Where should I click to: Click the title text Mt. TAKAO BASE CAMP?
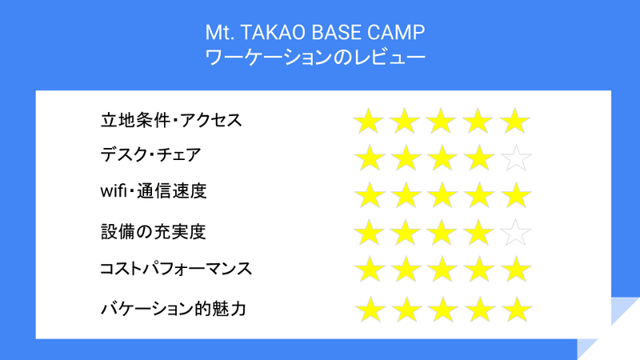click(x=314, y=33)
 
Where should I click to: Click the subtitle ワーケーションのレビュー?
click(x=314, y=57)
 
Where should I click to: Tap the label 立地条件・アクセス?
click(x=171, y=121)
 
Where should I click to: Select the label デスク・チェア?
click(x=150, y=154)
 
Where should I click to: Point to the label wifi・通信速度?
click(x=154, y=190)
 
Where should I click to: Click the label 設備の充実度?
click(x=153, y=231)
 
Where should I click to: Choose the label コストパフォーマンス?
click(x=176, y=269)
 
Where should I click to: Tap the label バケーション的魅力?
click(x=174, y=309)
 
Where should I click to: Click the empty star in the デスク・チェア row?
click(x=516, y=158)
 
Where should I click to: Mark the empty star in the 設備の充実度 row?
click(x=516, y=233)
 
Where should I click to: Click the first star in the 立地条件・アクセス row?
click(x=368, y=122)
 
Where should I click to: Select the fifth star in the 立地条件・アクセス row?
click(x=515, y=122)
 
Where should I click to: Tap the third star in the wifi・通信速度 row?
click(x=442, y=195)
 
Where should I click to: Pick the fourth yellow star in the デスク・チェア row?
click(x=478, y=158)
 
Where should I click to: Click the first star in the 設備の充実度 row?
click(x=369, y=233)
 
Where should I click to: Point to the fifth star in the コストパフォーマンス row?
click(x=516, y=270)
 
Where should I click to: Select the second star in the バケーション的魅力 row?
click(x=407, y=310)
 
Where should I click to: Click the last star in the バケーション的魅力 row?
click(x=517, y=310)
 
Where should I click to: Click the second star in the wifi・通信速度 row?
click(x=406, y=195)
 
